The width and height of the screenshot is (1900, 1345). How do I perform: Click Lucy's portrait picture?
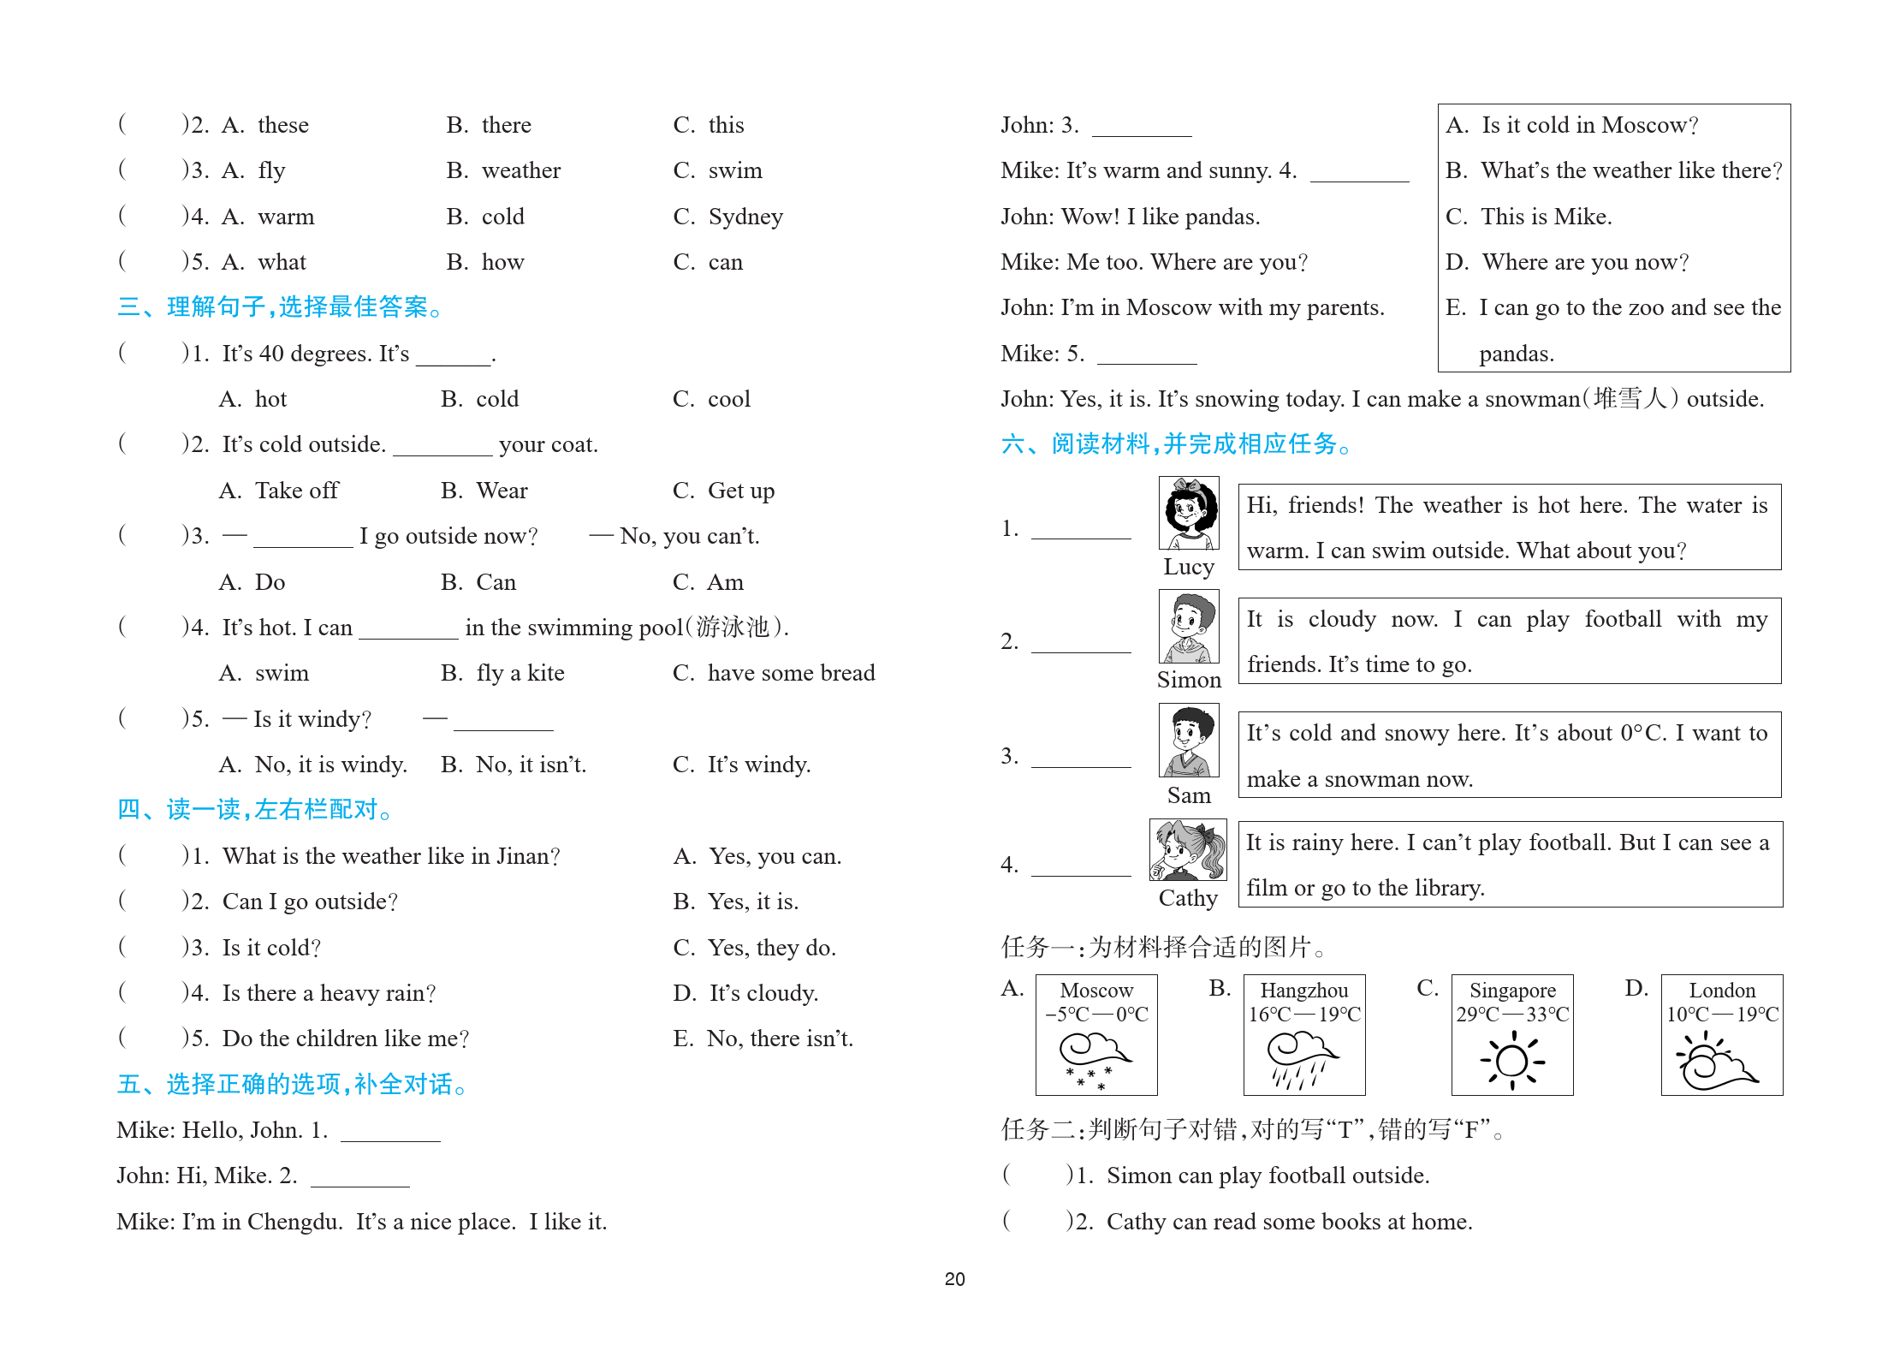click(1188, 514)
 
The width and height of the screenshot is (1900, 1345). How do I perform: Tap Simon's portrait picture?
click(1188, 628)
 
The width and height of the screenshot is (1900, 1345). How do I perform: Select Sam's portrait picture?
click(1188, 741)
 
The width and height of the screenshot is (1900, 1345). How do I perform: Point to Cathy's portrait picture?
click(1187, 850)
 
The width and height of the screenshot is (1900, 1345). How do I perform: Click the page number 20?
click(954, 1279)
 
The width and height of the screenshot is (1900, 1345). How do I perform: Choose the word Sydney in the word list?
click(745, 217)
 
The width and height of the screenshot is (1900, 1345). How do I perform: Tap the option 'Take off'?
click(296, 491)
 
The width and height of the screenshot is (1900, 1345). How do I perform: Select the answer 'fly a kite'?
click(520, 673)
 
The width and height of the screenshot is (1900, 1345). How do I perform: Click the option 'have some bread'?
click(791, 673)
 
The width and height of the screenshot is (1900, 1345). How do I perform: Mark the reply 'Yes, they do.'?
click(771, 948)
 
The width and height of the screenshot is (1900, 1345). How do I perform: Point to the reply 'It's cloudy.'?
click(763, 993)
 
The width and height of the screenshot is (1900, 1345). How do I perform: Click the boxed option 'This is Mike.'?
click(1546, 217)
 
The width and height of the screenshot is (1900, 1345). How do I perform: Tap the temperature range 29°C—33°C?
click(1512, 1015)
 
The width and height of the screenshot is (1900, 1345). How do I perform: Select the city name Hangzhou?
click(1303, 991)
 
